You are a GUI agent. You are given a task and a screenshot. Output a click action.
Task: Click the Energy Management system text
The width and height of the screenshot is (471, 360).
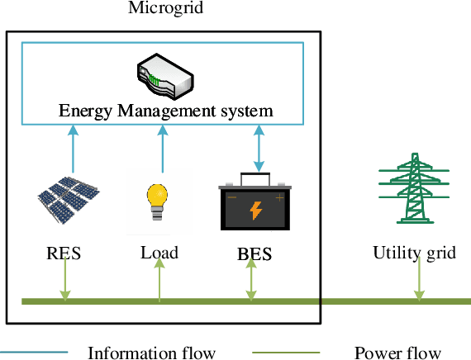165,110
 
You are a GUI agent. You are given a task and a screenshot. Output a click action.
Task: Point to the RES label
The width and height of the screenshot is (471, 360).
64,253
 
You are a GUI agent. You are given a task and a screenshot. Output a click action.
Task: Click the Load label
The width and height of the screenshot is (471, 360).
159,252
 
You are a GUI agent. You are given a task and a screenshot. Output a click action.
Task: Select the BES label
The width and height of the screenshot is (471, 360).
255,254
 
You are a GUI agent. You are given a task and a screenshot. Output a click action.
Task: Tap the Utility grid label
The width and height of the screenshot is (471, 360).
414,253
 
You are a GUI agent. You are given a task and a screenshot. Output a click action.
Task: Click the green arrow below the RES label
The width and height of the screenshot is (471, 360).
64,282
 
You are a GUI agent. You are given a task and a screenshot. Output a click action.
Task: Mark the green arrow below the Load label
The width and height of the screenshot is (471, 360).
159,282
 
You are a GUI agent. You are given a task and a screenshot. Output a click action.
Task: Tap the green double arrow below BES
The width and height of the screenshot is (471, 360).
252,282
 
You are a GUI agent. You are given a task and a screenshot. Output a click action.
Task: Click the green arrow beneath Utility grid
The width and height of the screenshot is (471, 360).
419,282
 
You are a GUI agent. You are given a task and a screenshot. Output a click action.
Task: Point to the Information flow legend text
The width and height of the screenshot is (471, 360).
151,353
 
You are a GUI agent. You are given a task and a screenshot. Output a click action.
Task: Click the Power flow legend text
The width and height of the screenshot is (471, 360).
397,353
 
